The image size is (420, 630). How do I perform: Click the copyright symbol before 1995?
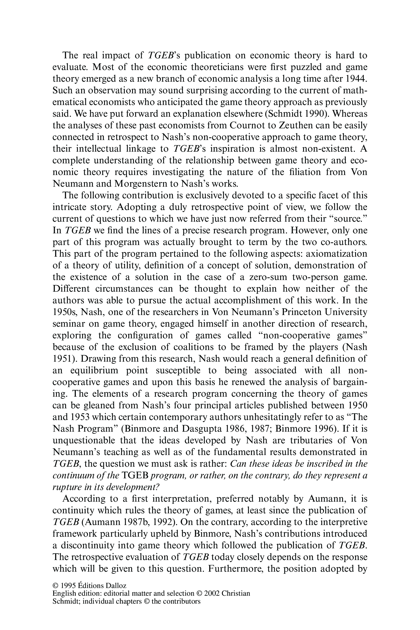pyautogui.click(x=56, y=585)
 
